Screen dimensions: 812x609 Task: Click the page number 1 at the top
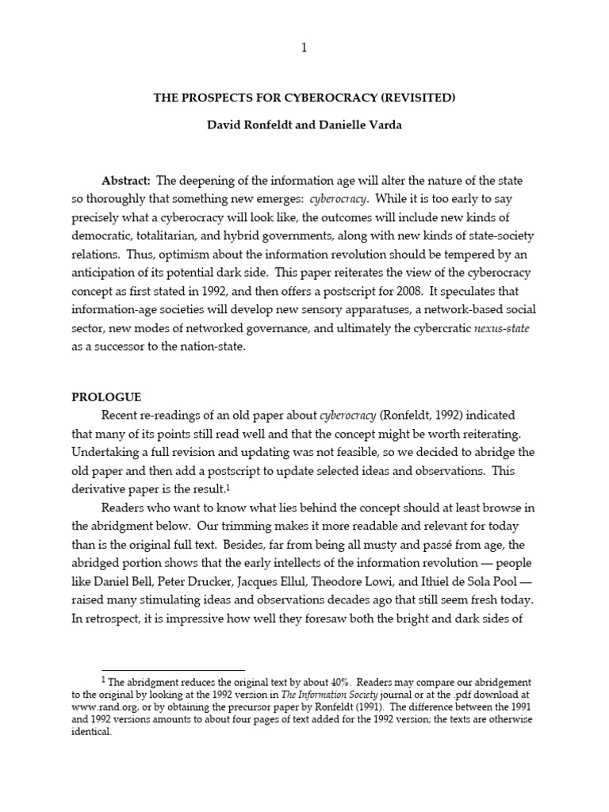(304, 48)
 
